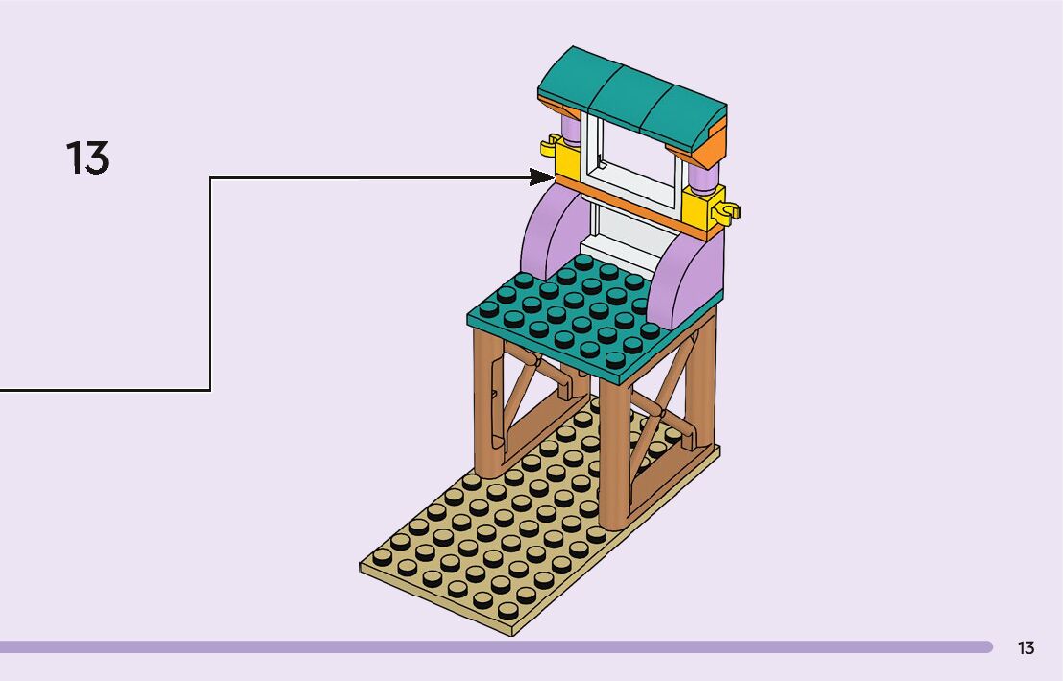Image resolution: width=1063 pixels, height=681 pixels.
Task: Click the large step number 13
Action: pos(87,158)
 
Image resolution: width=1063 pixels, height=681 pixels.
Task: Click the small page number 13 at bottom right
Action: pos(1026,648)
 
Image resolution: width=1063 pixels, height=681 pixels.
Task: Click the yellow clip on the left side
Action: pos(551,145)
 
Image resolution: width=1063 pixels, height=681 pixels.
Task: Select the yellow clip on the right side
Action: pos(729,208)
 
